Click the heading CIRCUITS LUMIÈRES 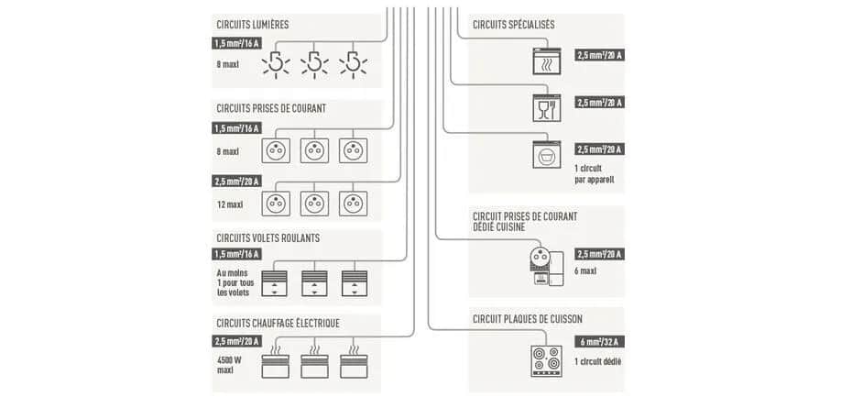pyautogui.click(x=252, y=25)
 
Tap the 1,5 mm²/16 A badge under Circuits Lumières pyautogui.click(x=236, y=43)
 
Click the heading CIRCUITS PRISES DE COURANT pyautogui.click(x=271, y=108)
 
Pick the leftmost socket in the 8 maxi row pyautogui.click(x=276, y=149)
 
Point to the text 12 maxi pyautogui.click(x=229, y=204)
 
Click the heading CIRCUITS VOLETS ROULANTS pyautogui.click(x=268, y=238)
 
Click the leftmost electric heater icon pyautogui.click(x=276, y=365)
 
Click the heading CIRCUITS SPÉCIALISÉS pyautogui.click(x=513, y=25)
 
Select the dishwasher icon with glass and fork pyautogui.click(x=547, y=108)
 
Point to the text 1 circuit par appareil pyautogui.click(x=595, y=174)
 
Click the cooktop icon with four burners pyautogui.click(x=547, y=359)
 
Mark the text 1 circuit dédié pyautogui.click(x=598, y=361)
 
